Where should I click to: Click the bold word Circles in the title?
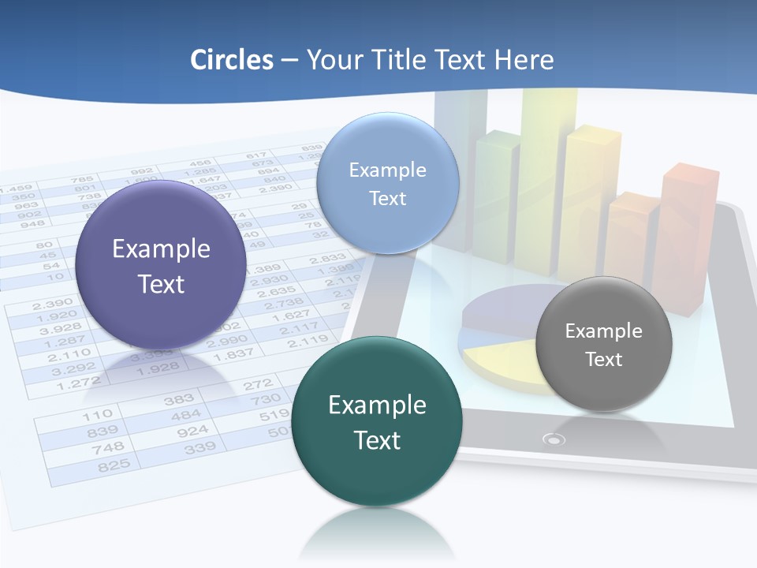(x=232, y=60)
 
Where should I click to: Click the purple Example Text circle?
(x=161, y=265)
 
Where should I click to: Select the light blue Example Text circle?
(x=387, y=184)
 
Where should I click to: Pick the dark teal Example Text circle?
(x=377, y=421)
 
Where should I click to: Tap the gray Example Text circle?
(x=603, y=344)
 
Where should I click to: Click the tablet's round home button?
(x=555, y=439)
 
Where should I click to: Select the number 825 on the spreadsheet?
(x=114, y=465)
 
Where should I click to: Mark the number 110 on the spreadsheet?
(x=97, y=414)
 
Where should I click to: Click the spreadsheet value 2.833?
(x=326, y=258)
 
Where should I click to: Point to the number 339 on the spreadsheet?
(x=200, y=448)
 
